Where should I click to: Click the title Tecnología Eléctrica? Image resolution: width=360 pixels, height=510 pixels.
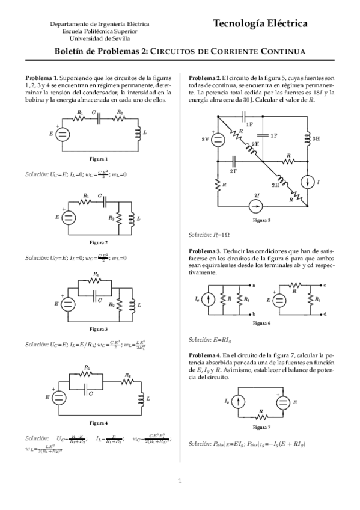[x=260, y=23]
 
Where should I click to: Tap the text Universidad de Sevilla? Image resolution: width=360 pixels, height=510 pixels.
[x=100, y=38]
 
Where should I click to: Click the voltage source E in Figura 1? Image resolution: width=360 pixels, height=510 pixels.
[x=64, y=133]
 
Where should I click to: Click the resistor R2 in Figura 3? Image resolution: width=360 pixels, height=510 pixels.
[x=119, y=304]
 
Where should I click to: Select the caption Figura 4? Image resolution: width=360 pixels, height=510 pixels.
[x=99, y=422]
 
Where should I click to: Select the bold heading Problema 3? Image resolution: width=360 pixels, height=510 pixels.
[x=205, y=250]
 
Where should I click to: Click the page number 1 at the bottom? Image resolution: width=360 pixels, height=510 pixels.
[x=180, y=480]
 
